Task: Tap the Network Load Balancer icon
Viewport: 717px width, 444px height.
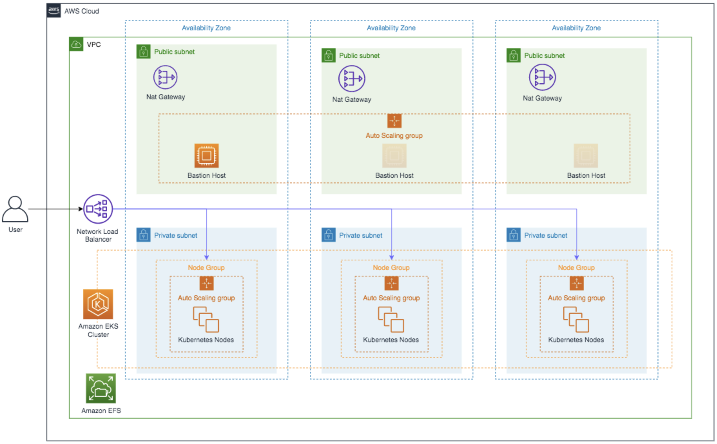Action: [98, 209]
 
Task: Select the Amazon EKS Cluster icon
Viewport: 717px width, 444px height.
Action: [98, 304]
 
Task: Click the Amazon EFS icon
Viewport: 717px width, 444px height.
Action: [101, 388]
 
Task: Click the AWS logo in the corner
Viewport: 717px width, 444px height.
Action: [53, 11]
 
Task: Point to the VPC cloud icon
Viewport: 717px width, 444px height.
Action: [76, 44]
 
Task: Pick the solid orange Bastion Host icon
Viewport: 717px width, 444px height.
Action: [207, 156]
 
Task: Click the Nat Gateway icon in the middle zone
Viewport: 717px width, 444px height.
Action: [352, 79]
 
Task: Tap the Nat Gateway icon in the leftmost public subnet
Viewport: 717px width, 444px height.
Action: [165, 77]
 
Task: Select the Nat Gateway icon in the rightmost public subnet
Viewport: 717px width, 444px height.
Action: [542, 77]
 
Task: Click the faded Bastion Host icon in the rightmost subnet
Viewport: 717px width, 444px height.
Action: [586, 156]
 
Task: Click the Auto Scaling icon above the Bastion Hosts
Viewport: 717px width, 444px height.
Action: [394, 121]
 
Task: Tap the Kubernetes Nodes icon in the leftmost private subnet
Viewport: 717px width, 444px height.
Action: [206, 319]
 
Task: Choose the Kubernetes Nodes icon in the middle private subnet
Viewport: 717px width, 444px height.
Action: [391, 319]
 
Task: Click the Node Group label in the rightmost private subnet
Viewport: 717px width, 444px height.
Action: [576, 267]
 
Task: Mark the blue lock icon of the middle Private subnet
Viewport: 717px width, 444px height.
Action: [328, 235]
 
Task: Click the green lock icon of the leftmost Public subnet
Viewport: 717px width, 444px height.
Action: [143, 52]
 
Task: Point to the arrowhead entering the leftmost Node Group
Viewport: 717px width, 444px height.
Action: [207, 257]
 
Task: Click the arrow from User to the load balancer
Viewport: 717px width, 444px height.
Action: [55, 209]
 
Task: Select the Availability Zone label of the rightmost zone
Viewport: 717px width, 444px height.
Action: [576, 28]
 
